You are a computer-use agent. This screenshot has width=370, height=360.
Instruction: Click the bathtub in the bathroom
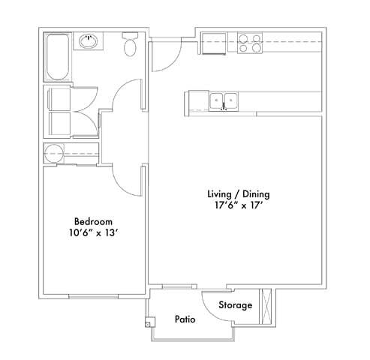(57, 57)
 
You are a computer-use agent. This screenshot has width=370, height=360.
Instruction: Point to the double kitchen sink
(223, 100)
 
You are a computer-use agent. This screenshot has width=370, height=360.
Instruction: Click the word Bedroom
(93, 222)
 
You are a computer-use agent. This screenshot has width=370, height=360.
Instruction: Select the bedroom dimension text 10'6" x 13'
(93, 234)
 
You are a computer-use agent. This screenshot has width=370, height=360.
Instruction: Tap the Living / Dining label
(238, 194)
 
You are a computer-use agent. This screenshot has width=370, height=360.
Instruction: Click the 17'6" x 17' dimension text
(238, 206)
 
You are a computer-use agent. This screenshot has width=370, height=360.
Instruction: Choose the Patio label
(185, 319)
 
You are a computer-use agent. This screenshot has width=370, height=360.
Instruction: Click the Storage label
(236, 306)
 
